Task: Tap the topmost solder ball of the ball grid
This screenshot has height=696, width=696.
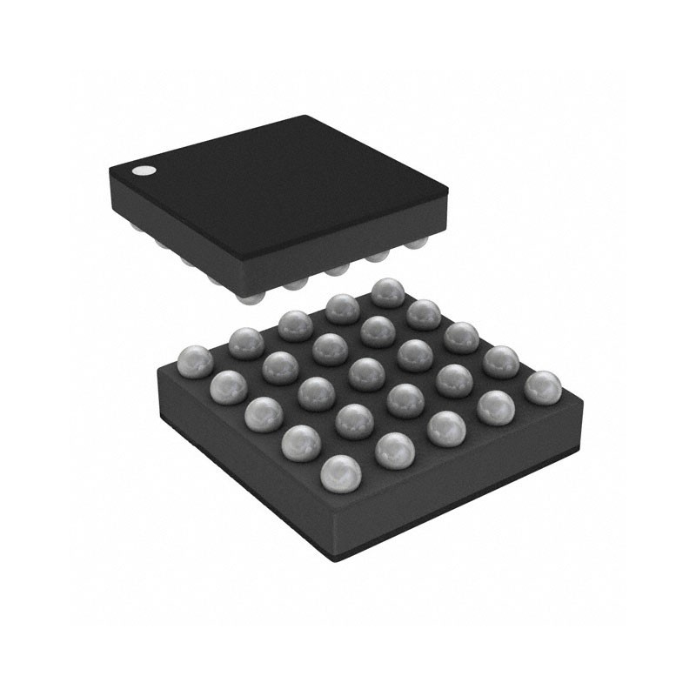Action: (x=387, y=294)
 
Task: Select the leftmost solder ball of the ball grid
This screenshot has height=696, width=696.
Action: (x=195, y=362)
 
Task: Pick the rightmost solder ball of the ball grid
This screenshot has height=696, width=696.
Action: (x=542, y=387)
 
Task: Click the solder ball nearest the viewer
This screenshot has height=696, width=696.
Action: (x=340, y=473)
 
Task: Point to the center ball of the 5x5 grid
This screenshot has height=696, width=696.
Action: (x=366, y=374)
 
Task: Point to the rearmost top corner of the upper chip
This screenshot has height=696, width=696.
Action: (x=306, y=117)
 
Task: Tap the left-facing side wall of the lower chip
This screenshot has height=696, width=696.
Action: (x=235, y=470)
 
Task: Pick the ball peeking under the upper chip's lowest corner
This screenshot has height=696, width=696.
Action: (x=250, y=298)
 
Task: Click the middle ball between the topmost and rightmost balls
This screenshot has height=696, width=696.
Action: (x=461, y=338)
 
